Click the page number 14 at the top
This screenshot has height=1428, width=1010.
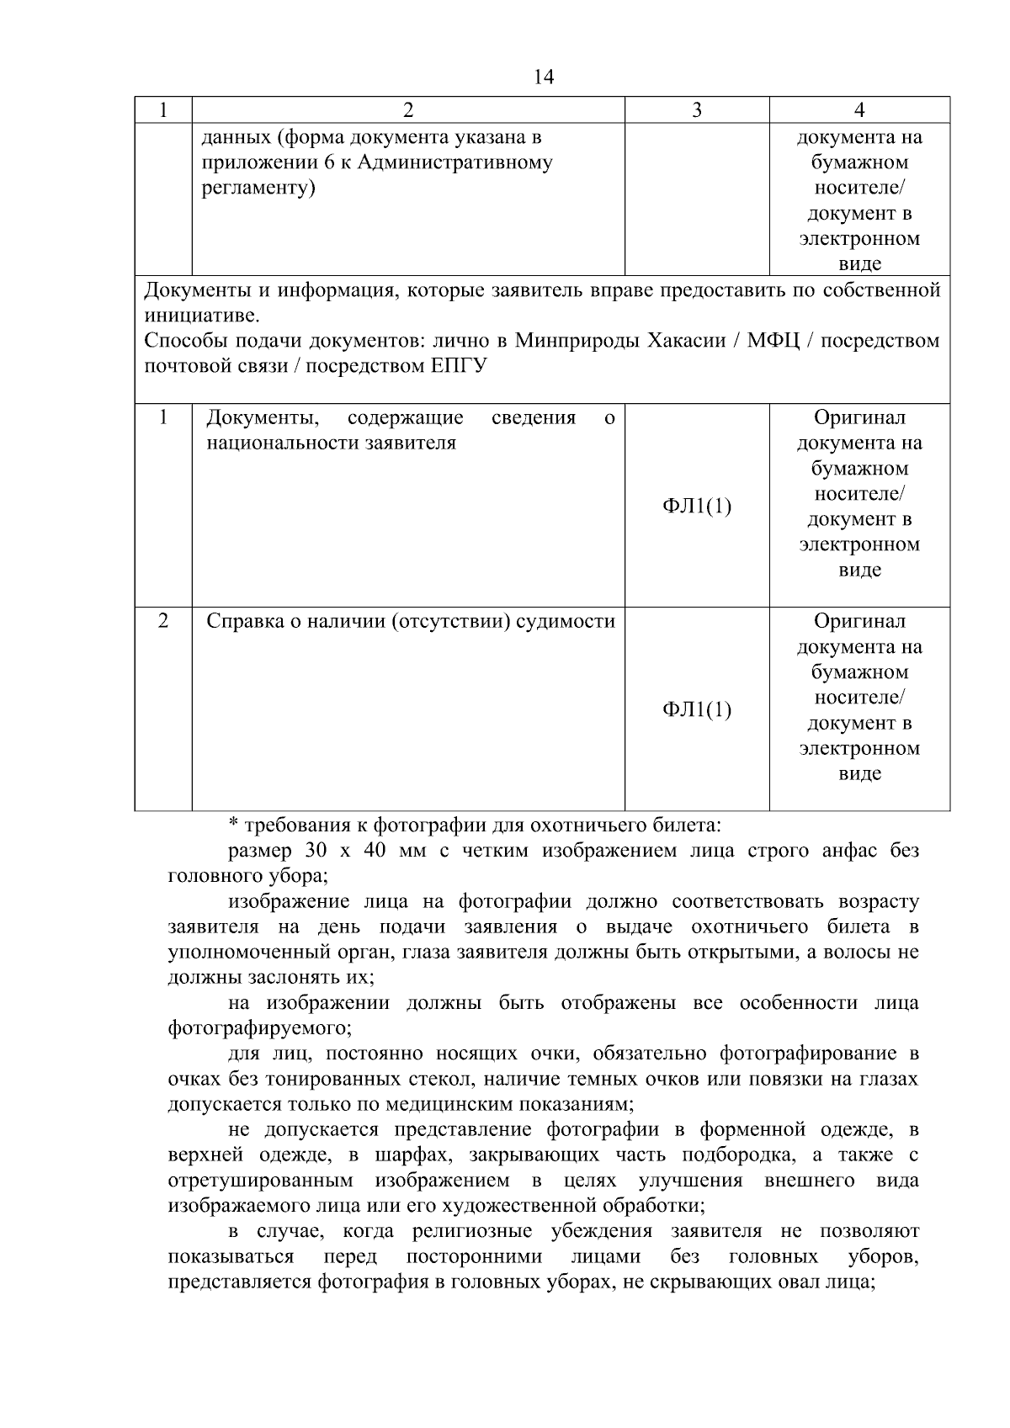544,77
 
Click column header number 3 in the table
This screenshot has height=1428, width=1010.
696,110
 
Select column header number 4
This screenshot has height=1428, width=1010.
859,110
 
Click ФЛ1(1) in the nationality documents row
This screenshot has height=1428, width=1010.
696,506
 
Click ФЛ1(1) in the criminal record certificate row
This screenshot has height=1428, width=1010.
696,709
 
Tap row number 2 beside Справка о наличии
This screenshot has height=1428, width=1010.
162,621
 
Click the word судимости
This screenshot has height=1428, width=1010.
566,622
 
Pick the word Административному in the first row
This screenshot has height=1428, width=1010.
454,162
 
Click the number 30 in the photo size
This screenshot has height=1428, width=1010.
316,851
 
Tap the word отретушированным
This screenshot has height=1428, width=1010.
260,1181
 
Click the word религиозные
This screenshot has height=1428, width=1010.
471,1231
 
